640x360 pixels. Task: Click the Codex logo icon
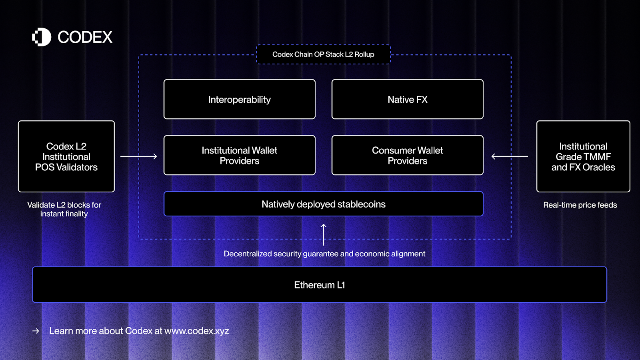pos(42,37)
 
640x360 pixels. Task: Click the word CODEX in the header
pos(85,37)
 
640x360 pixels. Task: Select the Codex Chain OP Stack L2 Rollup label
pos(323,54)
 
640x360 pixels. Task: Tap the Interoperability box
pos(239,99)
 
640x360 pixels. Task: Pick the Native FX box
pos(407,99)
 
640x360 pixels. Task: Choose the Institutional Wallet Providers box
pos(239,155)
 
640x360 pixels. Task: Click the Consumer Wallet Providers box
pos(407,155)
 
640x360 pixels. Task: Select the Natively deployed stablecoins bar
pos(323,204)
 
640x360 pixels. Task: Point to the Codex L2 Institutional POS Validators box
pos(66,156)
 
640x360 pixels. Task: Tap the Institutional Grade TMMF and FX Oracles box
pos(583,156)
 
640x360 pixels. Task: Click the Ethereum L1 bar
pos(319,285)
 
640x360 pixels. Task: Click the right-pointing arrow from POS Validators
pos(138,156)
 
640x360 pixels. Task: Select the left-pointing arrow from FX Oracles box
pos(510,156)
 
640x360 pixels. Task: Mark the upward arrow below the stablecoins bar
pos(324,235)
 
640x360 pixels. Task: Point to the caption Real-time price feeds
pos(580,205)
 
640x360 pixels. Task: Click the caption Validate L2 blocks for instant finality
pos(64,209)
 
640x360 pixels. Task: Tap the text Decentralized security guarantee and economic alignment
pos(324,254)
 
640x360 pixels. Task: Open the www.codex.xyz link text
pos(196,331)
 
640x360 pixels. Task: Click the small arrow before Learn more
pos(36,331)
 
